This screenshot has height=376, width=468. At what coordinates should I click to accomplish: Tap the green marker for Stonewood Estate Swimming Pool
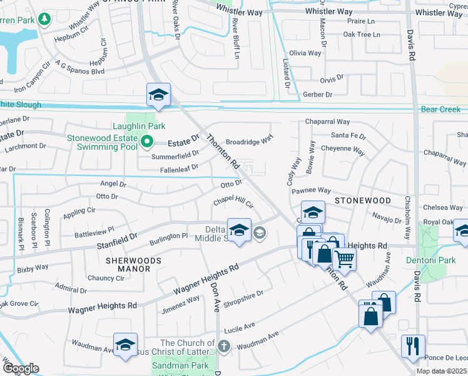[x=146, y=142]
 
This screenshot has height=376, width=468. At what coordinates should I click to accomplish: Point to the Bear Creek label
[x=440, y=109]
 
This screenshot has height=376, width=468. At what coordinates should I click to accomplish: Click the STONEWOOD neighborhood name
[x=363, y=201]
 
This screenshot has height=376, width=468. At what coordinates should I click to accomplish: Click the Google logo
[x=21, y=368]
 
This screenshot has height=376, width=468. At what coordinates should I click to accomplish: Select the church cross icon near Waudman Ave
[x=224, y=346]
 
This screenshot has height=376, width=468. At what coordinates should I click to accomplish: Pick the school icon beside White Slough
[x=158, y=95]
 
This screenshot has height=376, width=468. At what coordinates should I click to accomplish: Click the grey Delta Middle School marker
[x=260, y=234]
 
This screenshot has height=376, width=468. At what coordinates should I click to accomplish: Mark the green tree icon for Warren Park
[x=44, y=20]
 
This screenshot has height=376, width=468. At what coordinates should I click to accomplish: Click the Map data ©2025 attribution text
[x=441, y=371]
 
